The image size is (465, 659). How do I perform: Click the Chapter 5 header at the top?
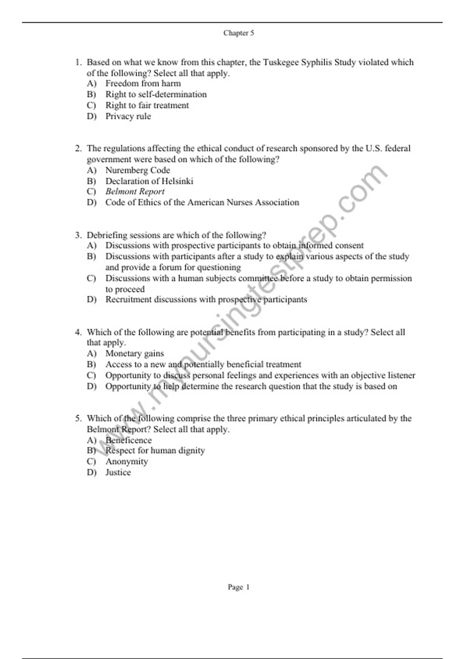(238, 33)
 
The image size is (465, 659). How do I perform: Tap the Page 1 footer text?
(238, 587)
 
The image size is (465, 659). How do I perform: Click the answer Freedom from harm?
(143, 83)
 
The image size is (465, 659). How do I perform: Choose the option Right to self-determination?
(156, 94)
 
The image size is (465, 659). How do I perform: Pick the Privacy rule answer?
(128, 116)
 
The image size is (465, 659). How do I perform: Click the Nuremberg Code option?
(138, 170)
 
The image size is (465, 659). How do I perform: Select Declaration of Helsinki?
(149, 181)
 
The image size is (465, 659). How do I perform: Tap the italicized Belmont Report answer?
(135, 191)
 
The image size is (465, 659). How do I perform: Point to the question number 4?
(78, 332)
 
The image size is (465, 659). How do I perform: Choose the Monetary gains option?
(134, 354)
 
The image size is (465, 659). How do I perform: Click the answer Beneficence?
(128, 440)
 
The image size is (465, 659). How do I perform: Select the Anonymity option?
(126, 462)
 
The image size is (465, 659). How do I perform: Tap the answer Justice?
(118, 473)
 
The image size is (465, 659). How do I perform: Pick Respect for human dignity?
(155, 451)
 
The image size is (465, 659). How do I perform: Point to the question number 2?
(78, 148)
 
